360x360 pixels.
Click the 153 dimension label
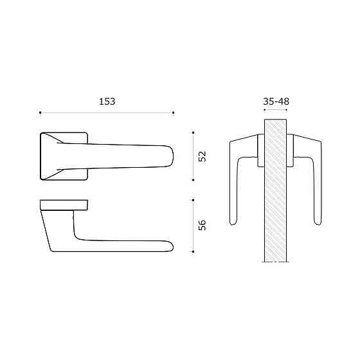coord(107,102)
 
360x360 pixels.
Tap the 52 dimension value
coord(203,156)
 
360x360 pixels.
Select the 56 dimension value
coord(203,225)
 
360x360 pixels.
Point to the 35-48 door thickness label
coord(276,102)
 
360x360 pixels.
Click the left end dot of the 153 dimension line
coord(40,113)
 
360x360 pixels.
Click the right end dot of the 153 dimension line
coord(173,113)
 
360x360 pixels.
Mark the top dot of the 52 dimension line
coord(193,132)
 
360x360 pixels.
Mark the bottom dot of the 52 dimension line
coord(193,180)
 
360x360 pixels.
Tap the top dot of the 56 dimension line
coord(193,200)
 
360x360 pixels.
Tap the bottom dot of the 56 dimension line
coord(193,251)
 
